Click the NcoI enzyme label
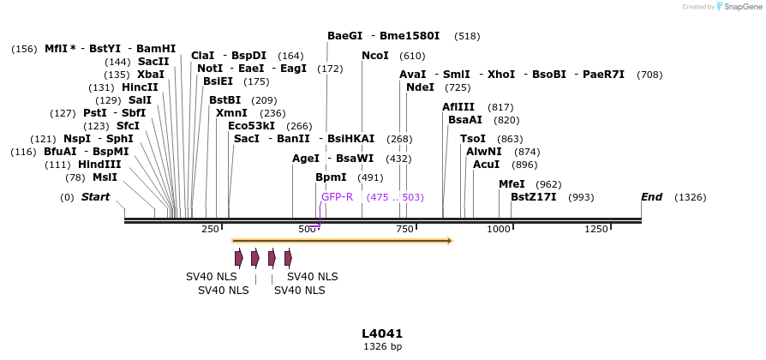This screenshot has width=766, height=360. click(375, 56)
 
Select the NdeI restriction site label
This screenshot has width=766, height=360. click(420, 87)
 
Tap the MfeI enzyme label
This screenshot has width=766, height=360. click(512, 184)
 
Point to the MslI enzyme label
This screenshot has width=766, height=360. click(105, 177)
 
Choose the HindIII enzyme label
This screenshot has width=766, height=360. click(99, 165)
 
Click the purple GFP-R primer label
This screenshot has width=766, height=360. click(337, 197)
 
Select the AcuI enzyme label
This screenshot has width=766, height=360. click(486, 165)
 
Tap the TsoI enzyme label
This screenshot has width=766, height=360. click(473, 139)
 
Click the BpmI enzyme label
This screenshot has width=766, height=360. click(331, 177)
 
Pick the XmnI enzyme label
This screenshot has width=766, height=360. click(231, 113)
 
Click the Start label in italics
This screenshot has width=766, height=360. click(95, 197)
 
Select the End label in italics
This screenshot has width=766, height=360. click(651, 197)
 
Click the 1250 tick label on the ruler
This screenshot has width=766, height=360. click(596, 230)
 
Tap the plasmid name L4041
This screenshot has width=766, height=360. click(382, 333)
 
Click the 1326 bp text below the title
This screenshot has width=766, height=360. click(382, 347)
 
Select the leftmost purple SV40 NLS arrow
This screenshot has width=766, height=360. click(239, 258)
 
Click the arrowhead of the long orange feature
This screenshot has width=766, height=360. click(448, 241)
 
